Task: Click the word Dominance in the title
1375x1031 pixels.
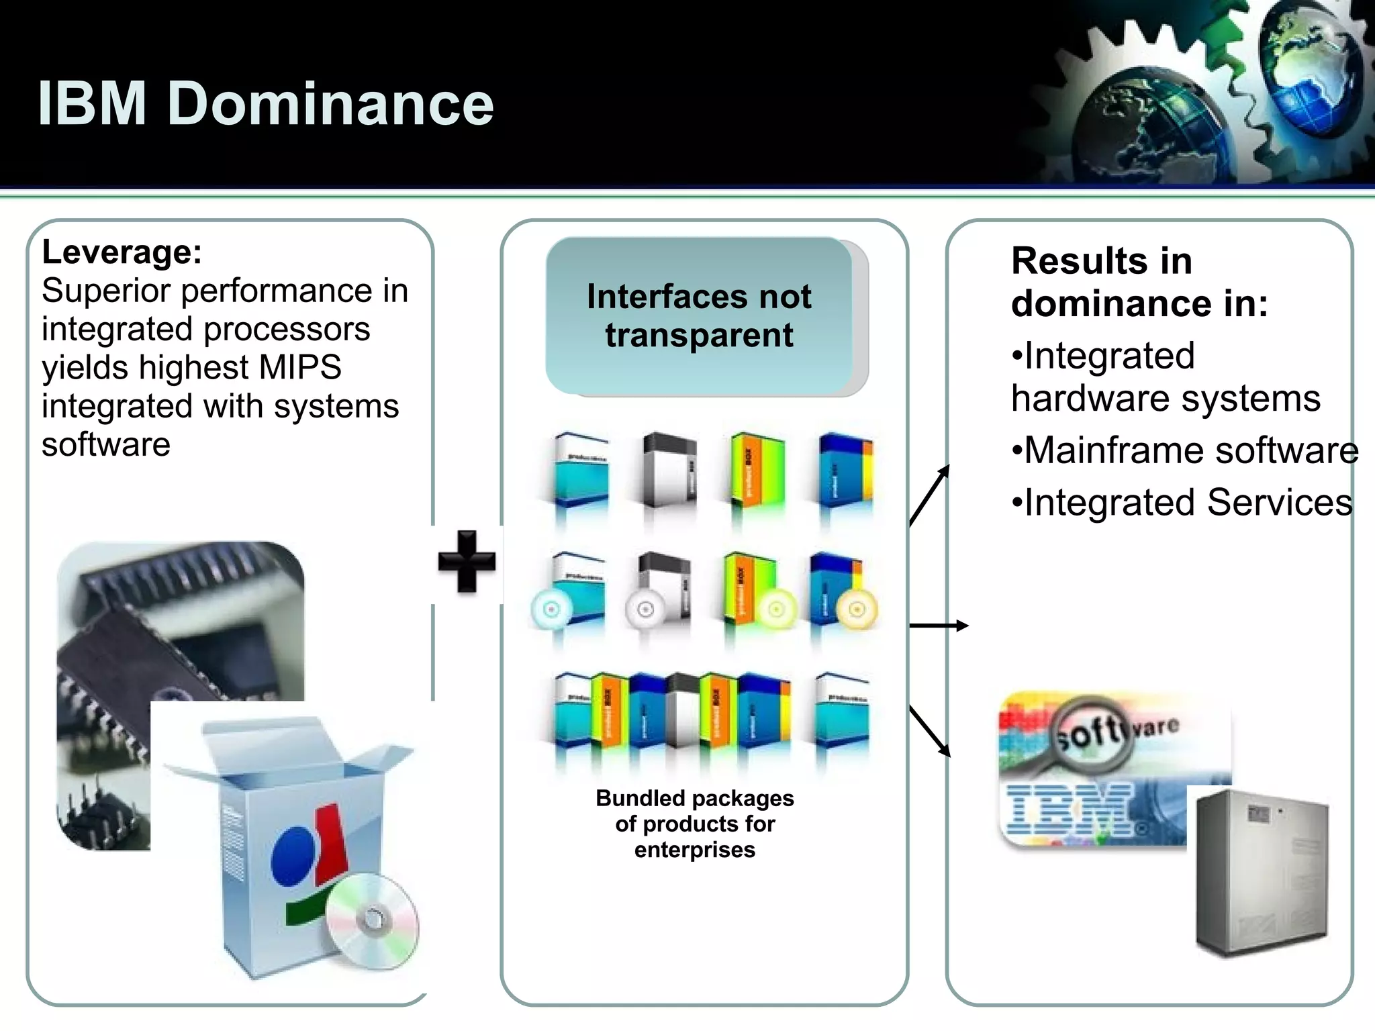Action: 330,104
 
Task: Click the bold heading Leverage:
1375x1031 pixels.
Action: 122,252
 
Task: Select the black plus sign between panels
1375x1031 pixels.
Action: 467,562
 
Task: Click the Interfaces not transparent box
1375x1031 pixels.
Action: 699,315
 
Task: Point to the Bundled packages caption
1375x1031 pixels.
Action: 695,824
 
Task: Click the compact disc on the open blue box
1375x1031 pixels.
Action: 373,920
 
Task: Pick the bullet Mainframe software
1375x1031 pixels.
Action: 1185,450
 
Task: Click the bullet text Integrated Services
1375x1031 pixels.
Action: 1182,503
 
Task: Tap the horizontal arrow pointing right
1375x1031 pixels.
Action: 939,626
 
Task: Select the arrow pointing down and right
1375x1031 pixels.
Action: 931,732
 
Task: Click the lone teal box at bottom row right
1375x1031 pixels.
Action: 842,711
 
